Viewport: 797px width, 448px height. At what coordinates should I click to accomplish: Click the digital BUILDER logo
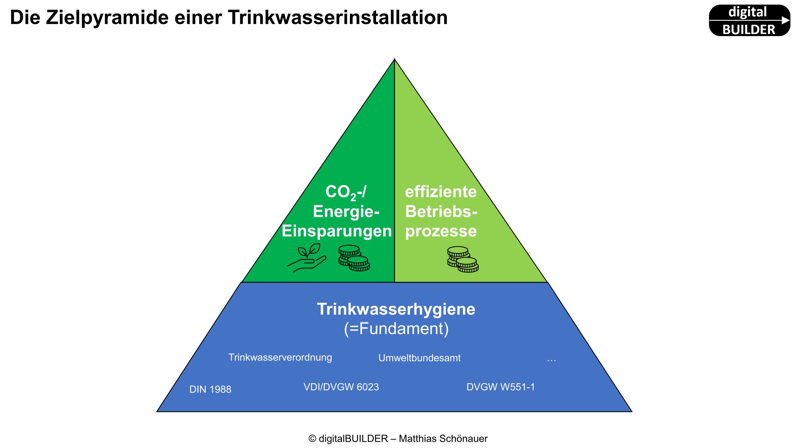pyautogui.click(x=749, y=20)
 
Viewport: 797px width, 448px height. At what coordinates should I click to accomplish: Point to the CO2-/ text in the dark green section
pyautogui.click(x=345, y=192)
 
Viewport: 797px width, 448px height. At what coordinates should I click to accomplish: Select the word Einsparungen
pyautogui.click(x=337, y=231)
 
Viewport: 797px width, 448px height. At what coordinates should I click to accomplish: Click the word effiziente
pyautogui.click(x=441, y=192)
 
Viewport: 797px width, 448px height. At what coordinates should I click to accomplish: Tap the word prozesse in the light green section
pyautogui.click(x=441, y=231)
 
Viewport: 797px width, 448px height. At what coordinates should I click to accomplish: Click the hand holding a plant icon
pyautogui.click(x=307, y=258)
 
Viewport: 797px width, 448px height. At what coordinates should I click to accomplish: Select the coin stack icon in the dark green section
pyautogui.click(x=354, y=258)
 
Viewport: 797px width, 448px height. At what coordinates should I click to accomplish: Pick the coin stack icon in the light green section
pyautogui.click(x=463, y=259)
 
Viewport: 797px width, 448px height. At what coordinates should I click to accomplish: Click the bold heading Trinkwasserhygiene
pyautogui.click(x=396, y=309)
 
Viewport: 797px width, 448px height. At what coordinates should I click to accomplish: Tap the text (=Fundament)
pyautogui.click(x=396, y=329)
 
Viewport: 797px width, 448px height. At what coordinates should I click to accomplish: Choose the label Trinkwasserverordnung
pyautogui.click(x=280, y=358)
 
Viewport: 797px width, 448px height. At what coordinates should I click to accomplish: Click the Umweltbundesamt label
pyautogui.click(x=419, y=358)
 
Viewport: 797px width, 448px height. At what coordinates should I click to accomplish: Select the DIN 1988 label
pyautogui.click(x=210, y=390)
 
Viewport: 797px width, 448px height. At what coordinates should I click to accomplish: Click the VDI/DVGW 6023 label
pyautogui.click(x=341, y=387)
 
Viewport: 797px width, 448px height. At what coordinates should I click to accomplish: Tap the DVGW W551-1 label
pyautogui.click(x=501, y=387)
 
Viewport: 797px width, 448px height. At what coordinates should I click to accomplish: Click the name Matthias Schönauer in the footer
pyautogui.click(x=443, y=439)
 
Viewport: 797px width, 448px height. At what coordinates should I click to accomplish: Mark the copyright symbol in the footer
pyautogui.click(x=312, y=439)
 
